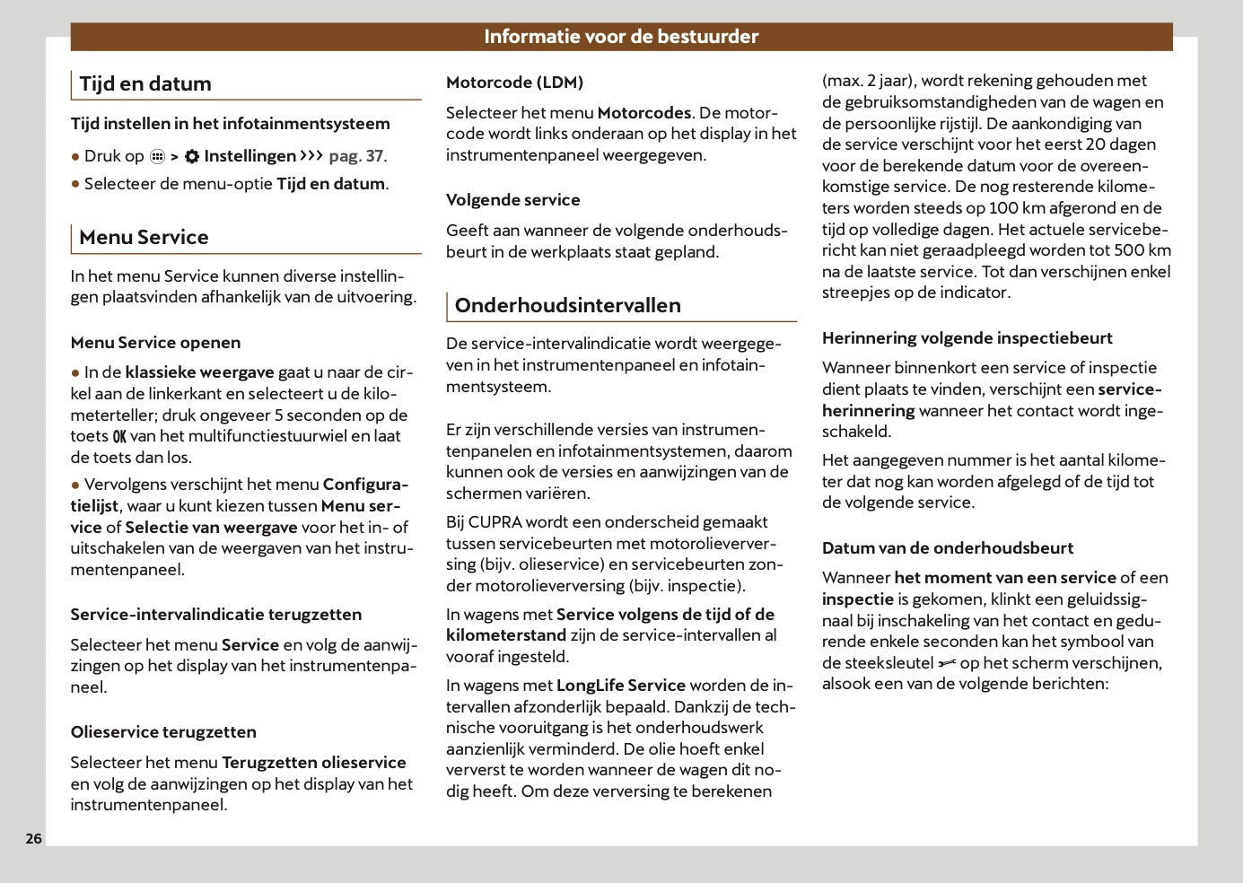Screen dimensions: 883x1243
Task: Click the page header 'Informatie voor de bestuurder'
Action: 621,37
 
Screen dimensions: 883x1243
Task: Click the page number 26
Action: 33,839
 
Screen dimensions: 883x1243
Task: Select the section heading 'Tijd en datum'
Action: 145,84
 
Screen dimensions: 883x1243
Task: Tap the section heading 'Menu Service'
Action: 144,238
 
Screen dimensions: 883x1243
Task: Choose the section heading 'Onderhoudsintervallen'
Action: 567,305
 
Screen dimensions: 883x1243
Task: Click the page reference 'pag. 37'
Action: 356,156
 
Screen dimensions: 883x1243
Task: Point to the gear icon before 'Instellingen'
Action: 192,156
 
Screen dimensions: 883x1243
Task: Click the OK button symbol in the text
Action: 119,437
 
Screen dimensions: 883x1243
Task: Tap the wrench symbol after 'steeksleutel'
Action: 946,664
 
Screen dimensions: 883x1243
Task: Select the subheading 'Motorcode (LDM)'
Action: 514,83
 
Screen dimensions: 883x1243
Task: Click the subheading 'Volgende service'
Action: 512,200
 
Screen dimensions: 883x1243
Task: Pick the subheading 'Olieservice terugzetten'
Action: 163,732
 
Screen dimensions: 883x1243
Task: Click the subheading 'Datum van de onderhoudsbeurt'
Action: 947,548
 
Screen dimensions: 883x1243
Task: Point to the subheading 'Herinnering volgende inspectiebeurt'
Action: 967,338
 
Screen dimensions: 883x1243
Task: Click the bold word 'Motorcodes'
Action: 643,113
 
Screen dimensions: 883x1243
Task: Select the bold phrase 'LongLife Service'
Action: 620,686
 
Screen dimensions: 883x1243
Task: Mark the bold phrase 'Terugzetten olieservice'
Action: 313,763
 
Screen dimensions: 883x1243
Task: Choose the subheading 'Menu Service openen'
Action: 155,343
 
